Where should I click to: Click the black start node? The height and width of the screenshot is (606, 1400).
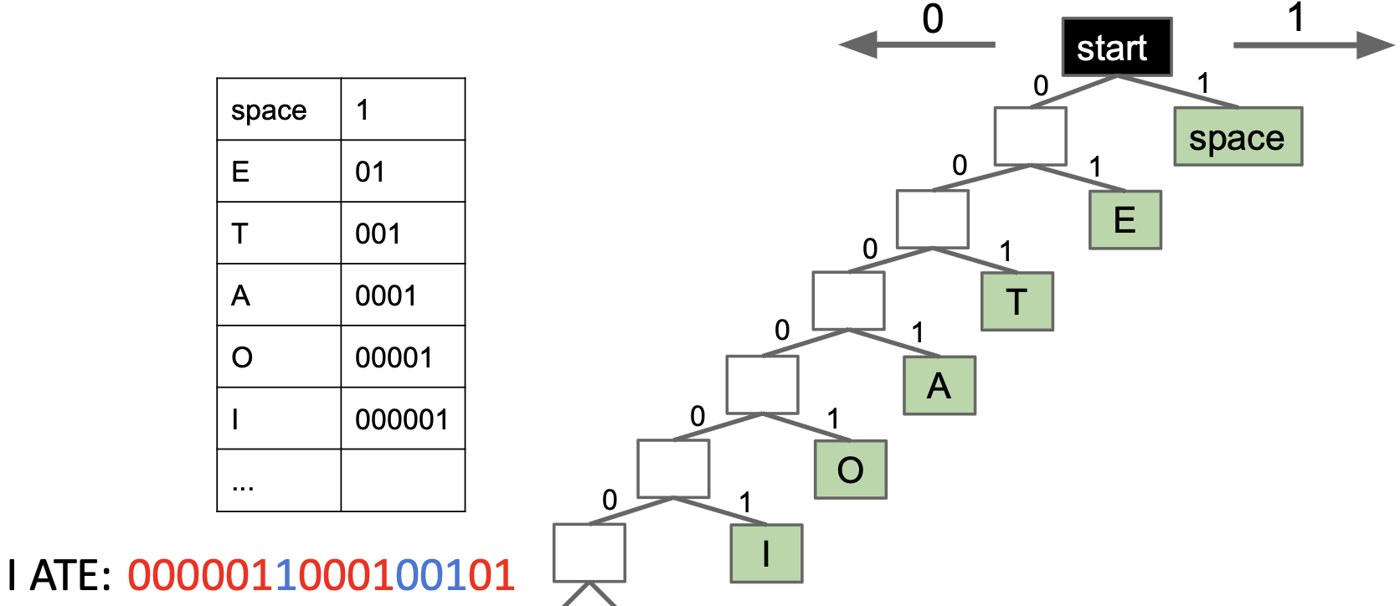point(1116,48)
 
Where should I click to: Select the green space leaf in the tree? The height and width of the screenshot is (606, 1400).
point(1238,136)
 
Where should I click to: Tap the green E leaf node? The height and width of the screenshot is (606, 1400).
point(1125,220)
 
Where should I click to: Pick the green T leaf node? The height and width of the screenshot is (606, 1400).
point(1017,301)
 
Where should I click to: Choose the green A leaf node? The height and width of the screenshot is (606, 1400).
point(939,386)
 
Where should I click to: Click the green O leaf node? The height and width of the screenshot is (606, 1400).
point(850,470)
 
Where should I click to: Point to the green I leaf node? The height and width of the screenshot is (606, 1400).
point(766,553)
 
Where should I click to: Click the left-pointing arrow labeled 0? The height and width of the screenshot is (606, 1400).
point(917,44)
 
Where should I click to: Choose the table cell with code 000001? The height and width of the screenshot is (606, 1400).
point(401,419)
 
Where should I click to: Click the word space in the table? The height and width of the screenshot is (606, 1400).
point(269,110)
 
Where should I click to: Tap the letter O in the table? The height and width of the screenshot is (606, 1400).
point(242,357)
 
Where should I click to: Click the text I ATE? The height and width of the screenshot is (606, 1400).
point(59,576)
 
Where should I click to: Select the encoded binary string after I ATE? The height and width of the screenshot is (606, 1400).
point(321,576)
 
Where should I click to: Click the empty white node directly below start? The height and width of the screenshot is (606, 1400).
point(1030,136)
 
